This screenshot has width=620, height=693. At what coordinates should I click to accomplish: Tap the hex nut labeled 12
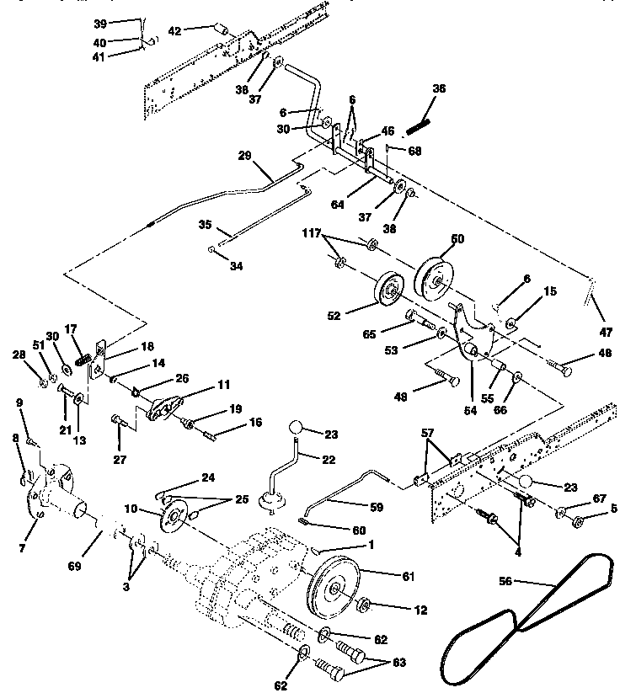[x=365, y=605]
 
